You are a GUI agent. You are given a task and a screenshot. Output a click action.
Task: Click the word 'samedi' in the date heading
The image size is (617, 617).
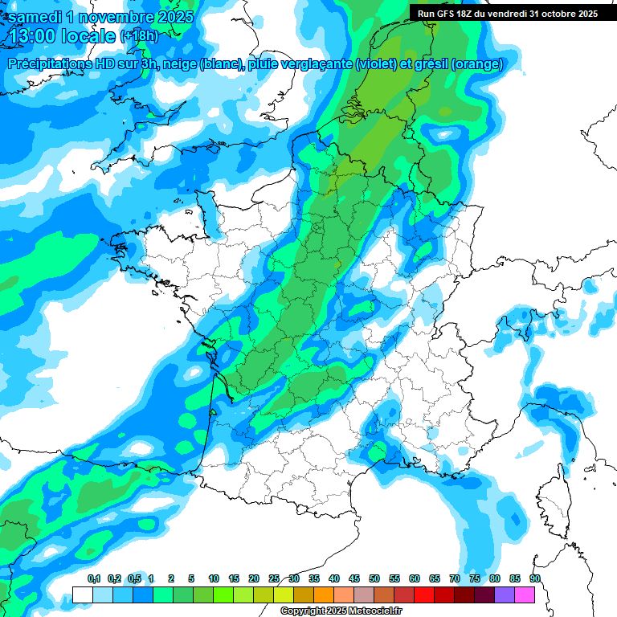[x=37, y=17]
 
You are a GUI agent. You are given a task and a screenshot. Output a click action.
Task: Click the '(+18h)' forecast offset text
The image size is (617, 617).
[x=139, y=36]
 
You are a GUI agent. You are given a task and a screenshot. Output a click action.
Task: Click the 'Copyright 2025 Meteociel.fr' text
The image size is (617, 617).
[x=340, y=611]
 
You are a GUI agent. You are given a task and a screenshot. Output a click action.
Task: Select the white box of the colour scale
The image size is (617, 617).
[x=82, y=595]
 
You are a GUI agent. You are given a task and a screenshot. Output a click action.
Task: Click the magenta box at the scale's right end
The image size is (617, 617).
[x=525, y=595]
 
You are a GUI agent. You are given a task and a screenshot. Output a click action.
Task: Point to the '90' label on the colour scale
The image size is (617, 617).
[x=535, y=578]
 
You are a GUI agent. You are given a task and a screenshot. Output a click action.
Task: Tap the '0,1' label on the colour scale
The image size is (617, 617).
[x=93, y=578]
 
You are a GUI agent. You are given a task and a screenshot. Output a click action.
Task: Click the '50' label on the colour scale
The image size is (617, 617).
[x=374, y=578]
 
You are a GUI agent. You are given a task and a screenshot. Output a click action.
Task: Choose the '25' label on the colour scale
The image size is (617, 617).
[x=274, y=578]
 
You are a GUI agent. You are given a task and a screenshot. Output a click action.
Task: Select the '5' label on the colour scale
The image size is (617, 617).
[x=191, y=578]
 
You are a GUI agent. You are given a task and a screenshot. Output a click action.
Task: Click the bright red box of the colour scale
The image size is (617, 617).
[x=424, y=595]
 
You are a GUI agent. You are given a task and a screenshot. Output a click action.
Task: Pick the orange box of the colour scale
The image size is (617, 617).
[x=324, y=595]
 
